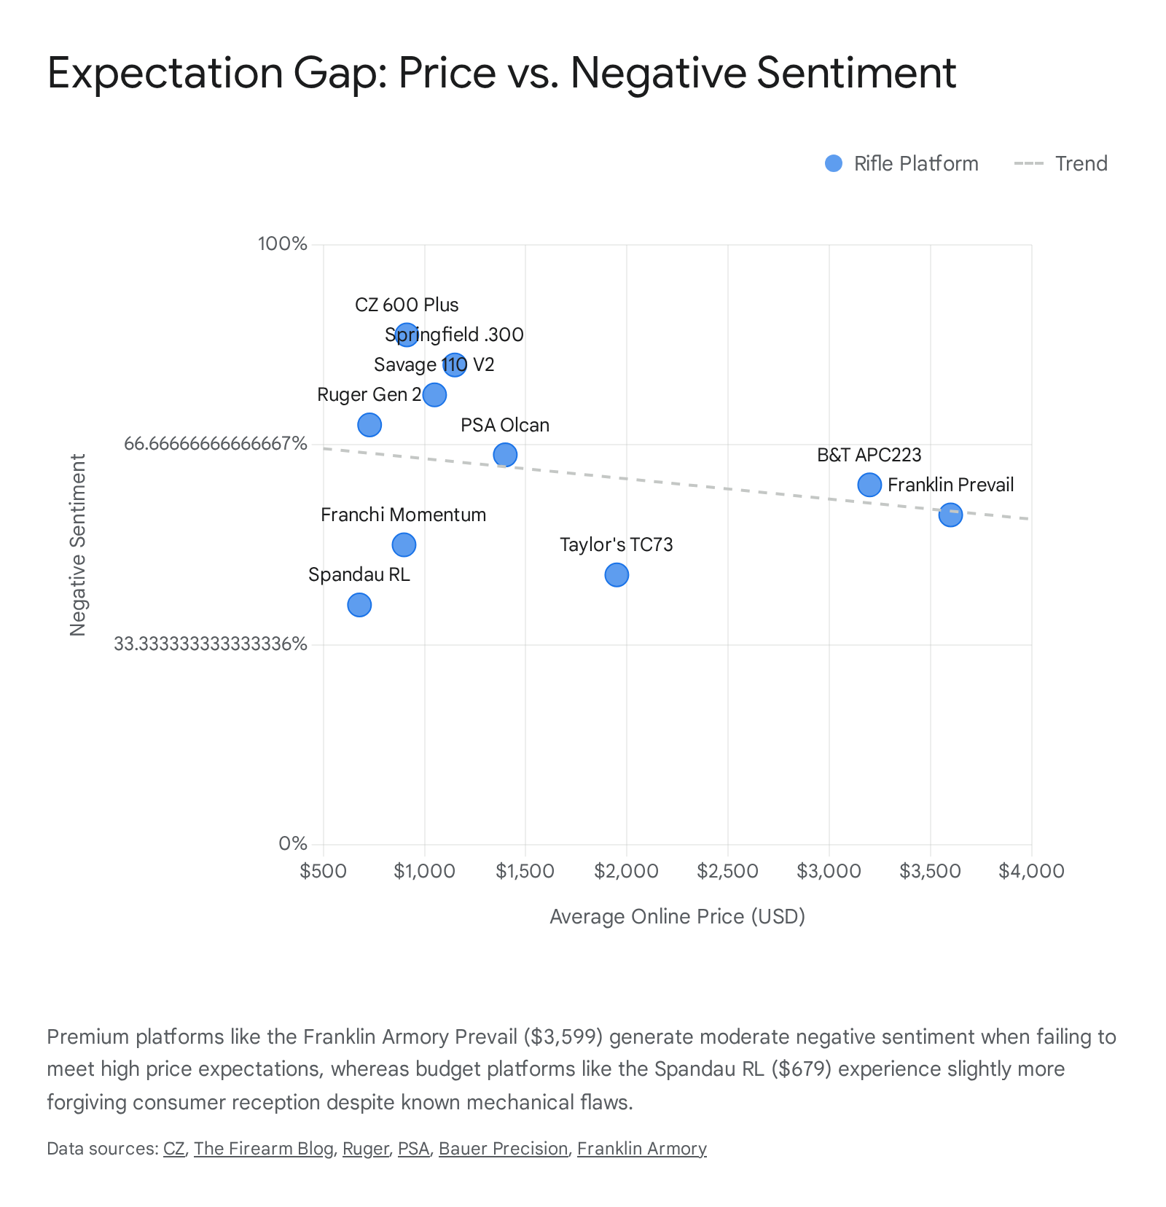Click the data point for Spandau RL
(x=359, y=605)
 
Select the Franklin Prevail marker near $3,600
(x=950, y=515)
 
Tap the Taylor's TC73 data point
(x=617, y=575)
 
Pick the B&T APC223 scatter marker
(x=869, y=485)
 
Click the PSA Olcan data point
(x=505, y=455)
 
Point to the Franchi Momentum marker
(x=404, y=544)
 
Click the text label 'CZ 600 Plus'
(x=407, y=305)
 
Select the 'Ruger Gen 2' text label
(x=369, y=394)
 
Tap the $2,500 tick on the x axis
(x=727, y=871)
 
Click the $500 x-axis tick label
(x=323, y=871)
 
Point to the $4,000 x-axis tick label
(x=1031, y=871)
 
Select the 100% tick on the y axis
(x=283, y=243)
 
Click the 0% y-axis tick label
(x=293, y=844)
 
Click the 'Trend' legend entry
(x=1081, y=163)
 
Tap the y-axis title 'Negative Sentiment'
(x=78, y=544)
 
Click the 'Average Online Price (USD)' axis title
(x=677, y=916)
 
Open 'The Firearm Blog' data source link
(x=263, y=1149)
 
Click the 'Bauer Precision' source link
(x=503, y=1149)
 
